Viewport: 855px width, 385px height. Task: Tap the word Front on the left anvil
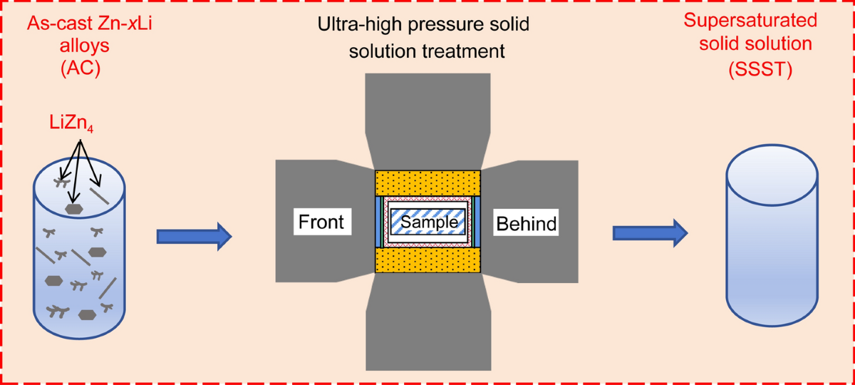[x=321, y=222]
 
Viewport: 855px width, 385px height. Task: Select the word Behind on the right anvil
[x=526, y=224]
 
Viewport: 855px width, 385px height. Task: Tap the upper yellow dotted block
[x=427, y=181]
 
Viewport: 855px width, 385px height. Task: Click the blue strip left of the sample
[x=378, y=222]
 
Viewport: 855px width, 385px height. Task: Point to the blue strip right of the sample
[x=477, y=222]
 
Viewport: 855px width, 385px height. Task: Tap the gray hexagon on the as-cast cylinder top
[x=73, y=208]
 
